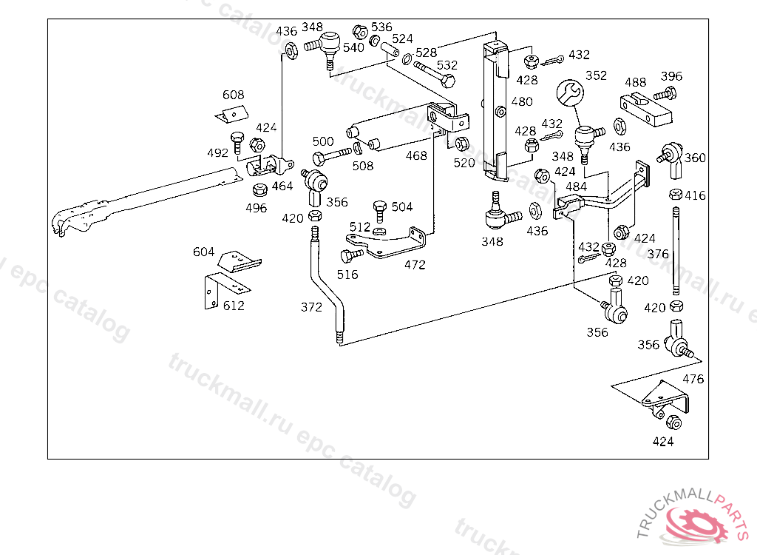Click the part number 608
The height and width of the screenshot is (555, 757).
(x=234, y=95)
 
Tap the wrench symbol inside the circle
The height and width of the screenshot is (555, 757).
(x=570, y=92)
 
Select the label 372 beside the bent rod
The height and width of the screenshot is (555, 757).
(x=311, y=307)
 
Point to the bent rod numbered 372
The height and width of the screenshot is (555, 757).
(x=327, y=289)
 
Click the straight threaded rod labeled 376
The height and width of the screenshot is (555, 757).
(x=676, y=252)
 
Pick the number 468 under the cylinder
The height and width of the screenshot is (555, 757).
(x=416, y=156)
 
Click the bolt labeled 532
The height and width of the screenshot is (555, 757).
(x=436, y=73)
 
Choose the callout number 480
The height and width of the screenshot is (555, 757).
(x=521, y=102)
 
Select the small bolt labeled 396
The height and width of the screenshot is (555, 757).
(x=665, y=94)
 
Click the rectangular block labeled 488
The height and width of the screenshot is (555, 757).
(x=645, y=108)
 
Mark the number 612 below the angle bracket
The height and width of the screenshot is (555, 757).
(x=234, y=306)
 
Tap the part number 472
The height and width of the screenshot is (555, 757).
(x=415, y=264)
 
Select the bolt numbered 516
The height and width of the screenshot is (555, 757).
(x=349, y=256)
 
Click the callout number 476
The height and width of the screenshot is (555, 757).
(x=693, y=380)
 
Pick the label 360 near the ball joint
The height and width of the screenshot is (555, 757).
(x=695, y=158)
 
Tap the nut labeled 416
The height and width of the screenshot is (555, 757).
(x=675, y=195)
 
